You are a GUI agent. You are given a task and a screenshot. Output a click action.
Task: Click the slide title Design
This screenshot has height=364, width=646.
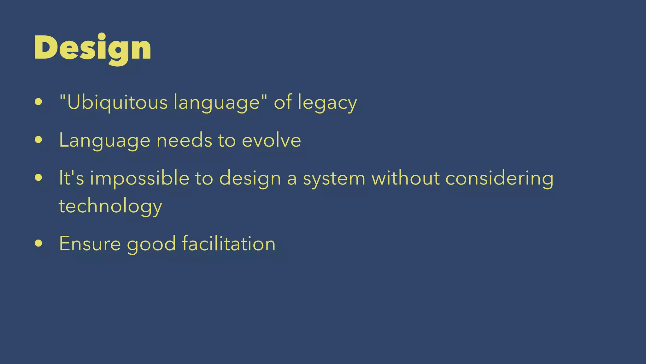pyautogui.click(x=92, y=48)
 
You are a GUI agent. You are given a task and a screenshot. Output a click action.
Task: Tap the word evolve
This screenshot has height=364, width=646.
pyautogui.click(x=271, y=140)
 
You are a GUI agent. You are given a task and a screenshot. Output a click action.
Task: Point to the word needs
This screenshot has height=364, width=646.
pyautogui.click(x=184, y=140)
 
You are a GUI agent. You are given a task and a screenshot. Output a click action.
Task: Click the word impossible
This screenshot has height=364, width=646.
pyautogui.click(x=139, y=179)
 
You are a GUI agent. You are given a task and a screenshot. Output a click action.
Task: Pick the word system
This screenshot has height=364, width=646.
pyautogui.click(x=334, y=179)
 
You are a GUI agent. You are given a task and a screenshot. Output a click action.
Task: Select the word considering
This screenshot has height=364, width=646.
pyautogui.click(x=499, y=179)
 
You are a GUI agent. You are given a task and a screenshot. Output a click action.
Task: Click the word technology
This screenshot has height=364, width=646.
pyautogui.click(x=110, y=206)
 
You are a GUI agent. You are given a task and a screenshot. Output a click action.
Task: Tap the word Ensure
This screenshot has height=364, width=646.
pyautogui.click(x=90, y=244)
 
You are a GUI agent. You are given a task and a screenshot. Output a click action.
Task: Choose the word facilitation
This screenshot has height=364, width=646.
pyautogui.click(x=229, y=244)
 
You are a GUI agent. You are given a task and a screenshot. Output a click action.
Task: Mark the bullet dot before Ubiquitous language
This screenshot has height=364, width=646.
pyautogui.click(x=38, y=102)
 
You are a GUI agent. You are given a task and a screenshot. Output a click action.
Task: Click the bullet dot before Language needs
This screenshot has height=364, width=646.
pyautogui.click(x=38, y=140)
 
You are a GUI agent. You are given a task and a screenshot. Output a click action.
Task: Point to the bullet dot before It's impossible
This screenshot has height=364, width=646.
pyautogui.click(x=38, y=178)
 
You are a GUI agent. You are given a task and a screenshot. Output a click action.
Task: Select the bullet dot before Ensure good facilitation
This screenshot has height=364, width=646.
pyautogui.click(x=38, y=243)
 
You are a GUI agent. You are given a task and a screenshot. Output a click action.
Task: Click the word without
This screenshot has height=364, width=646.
pyautogui.click(x=405, y=178)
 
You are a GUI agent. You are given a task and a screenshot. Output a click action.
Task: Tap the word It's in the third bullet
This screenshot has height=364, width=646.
pyautogui.click(x=72, y=178)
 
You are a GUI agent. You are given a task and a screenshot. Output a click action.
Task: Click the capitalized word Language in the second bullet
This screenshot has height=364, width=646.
pyautogui.click(x=104, y=141)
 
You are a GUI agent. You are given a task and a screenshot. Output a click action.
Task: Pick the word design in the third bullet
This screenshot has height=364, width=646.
pyautogui.click(x=250, y=179)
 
